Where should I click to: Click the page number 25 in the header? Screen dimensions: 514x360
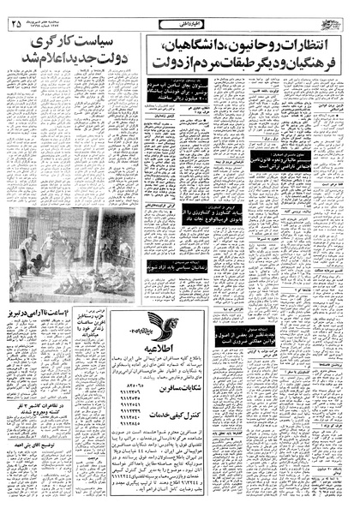[x=18, y=24]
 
